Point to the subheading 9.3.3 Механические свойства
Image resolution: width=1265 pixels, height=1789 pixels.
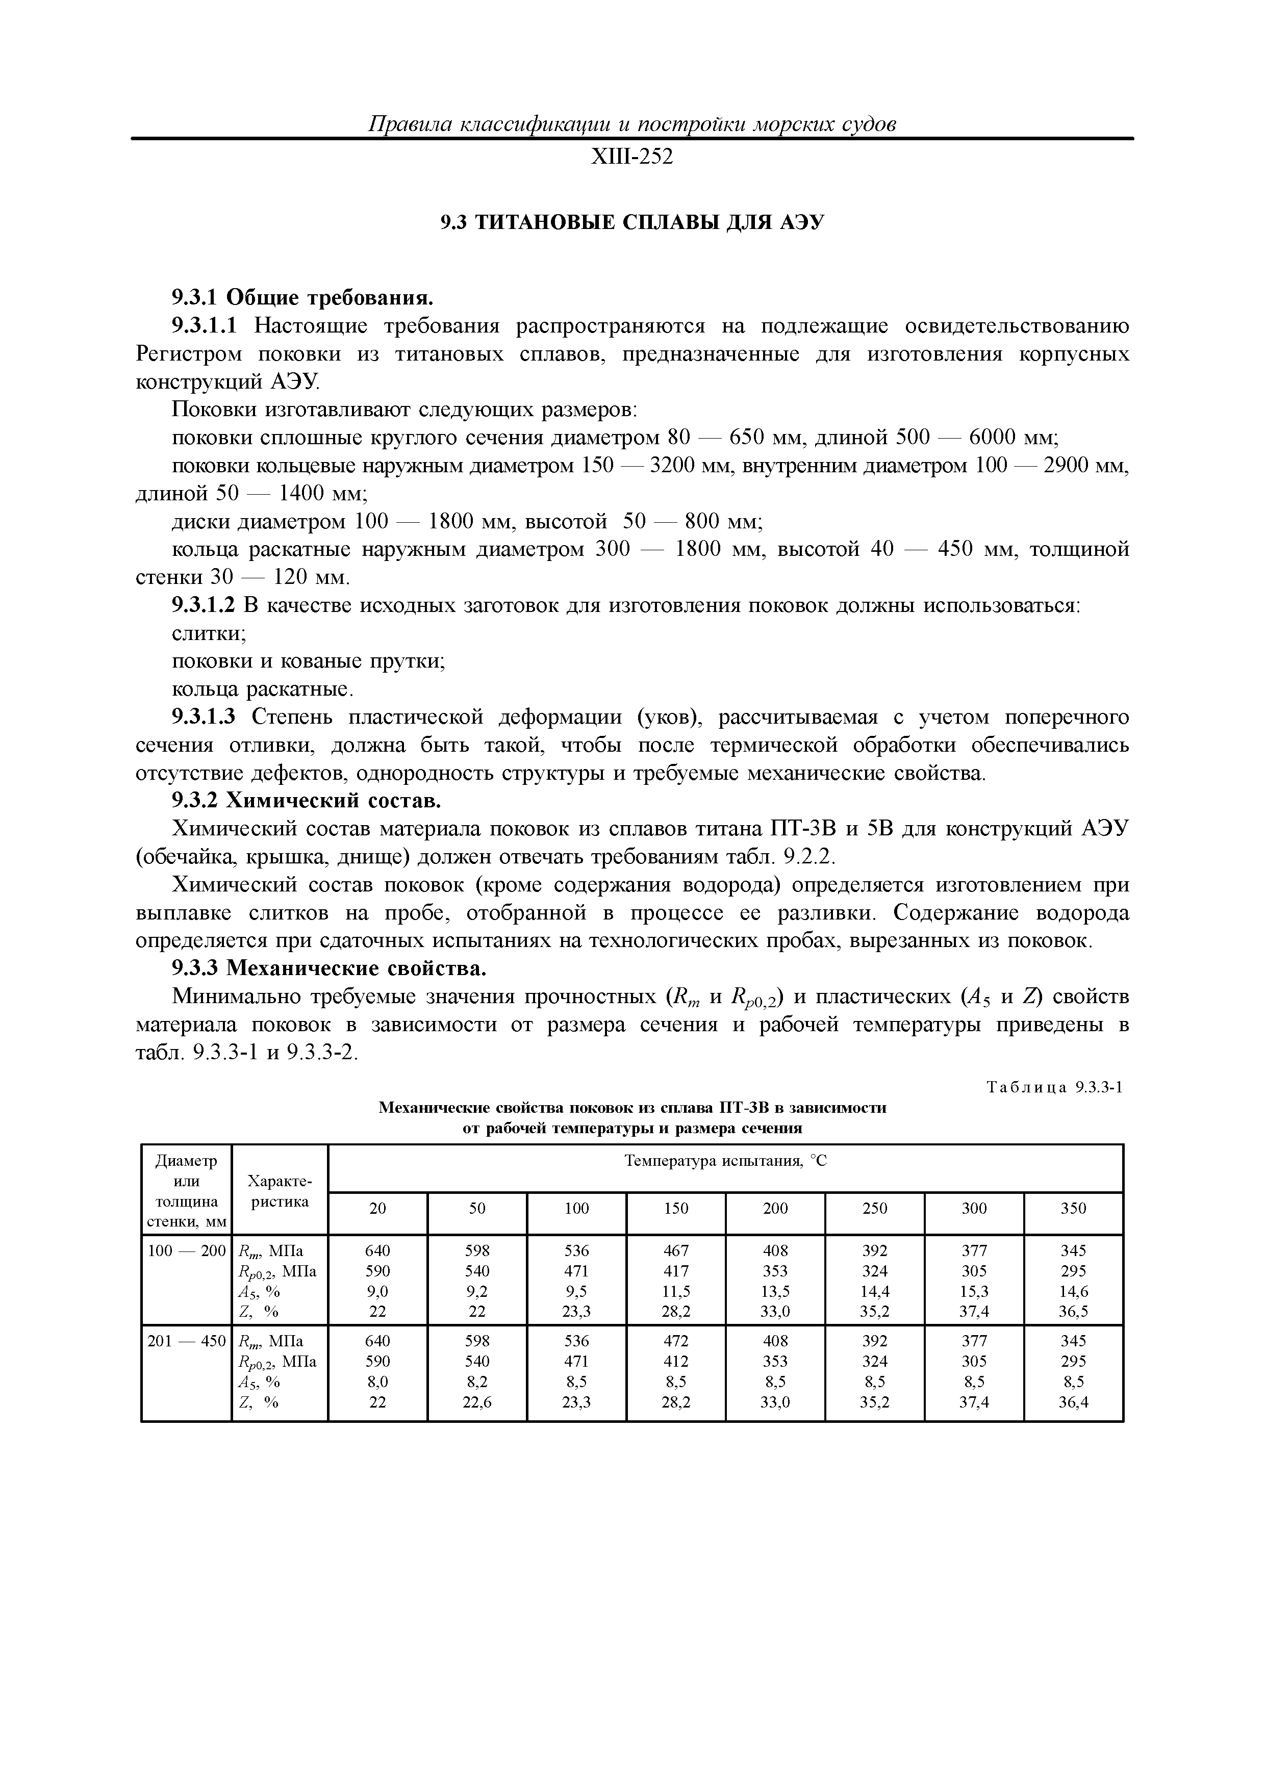click(x=329, y=968)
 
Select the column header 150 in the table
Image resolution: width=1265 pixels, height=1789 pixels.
click(x=676, y=1209)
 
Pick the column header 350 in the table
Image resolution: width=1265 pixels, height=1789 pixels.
click(x=1073, y=1209)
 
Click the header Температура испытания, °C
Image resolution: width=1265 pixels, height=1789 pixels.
click(x=725, y=1162)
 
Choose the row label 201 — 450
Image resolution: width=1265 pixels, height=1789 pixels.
click(x=186, y=1341)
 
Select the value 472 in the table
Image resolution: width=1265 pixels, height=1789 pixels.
click(x=676, y=1341)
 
